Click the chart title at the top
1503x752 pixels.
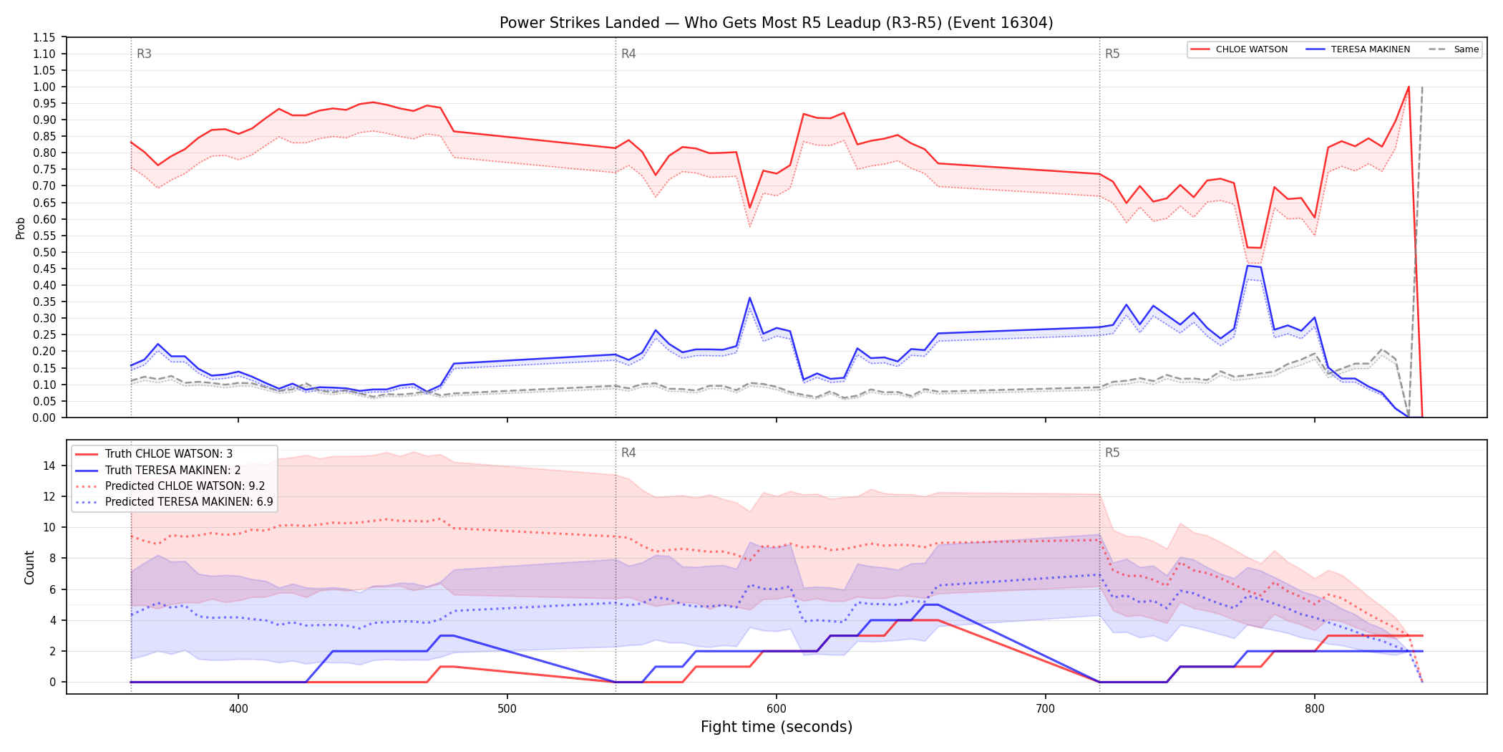[776, 23]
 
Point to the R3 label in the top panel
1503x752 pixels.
[144, 54]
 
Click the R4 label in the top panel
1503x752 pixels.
[628, 54]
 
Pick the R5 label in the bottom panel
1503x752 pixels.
[1112, 453]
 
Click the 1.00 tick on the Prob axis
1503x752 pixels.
[44, 87]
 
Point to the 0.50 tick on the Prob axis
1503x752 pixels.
[44, 252]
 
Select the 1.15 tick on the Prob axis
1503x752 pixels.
[44, 37]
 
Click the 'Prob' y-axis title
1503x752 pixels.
[20, 228]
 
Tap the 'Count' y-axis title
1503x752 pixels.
[29, 567]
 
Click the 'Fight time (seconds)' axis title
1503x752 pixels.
[777, 727]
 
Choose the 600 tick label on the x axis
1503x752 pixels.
[777, 709]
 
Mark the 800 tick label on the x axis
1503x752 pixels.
[1315, 709]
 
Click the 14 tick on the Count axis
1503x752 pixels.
[49, 466]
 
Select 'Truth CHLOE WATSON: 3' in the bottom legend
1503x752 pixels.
[168, 454]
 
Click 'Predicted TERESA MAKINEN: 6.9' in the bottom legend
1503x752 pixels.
[189, 502]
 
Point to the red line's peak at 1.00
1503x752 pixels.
[1409, 87]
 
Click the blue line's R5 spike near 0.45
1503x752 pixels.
[1248, 266]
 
